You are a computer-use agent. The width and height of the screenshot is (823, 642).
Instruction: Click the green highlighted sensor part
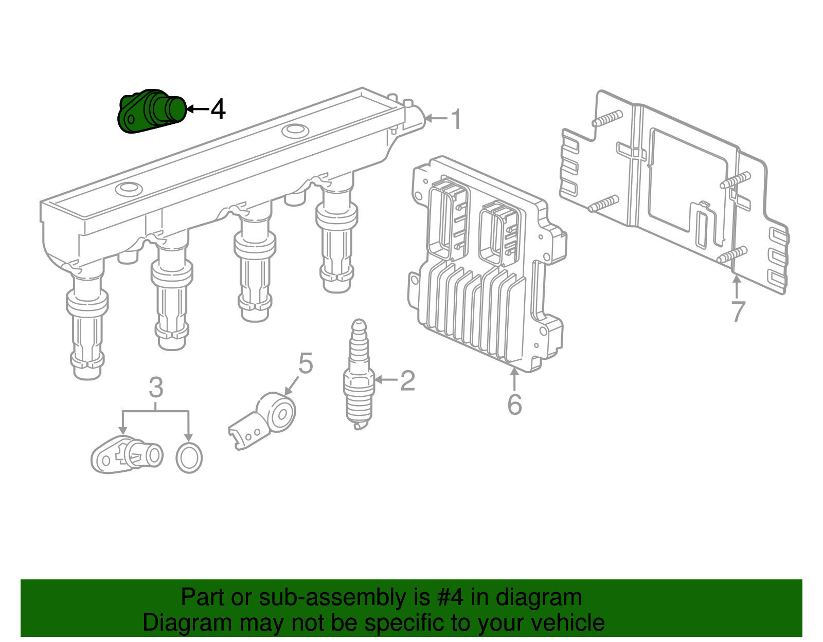tap(152, 112)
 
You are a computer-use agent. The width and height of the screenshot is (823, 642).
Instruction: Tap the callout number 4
tap(218, 109)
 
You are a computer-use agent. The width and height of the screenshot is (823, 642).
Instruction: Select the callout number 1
tap(456, 119)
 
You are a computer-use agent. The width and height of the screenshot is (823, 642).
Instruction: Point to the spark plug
tap(359, 375)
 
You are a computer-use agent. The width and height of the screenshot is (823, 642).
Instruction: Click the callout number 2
tap(407, 380)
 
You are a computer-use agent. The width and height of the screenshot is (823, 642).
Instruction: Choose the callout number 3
tap(156, 388)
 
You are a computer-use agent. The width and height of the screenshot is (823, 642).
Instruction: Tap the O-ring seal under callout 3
tap(189, 457)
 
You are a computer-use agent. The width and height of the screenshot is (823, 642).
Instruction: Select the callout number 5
tap(306, 363)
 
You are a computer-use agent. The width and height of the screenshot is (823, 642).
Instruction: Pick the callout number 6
tap(514, 405)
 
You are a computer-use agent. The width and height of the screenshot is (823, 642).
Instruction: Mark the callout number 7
tap(738, 311)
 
